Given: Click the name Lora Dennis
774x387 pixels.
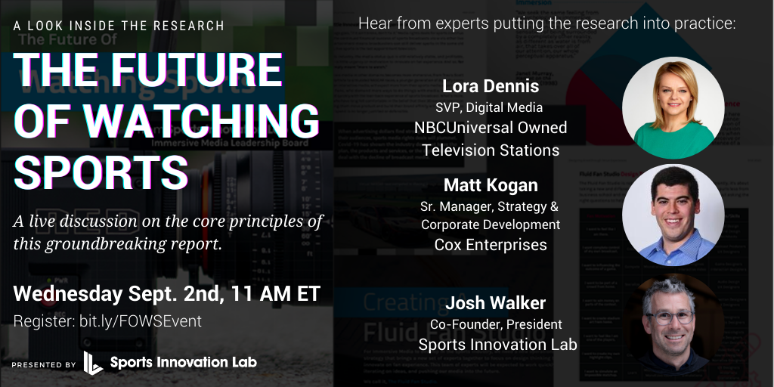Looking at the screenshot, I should click(x=491, y=85).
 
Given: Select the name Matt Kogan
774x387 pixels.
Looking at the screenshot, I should click(x=491, y=184).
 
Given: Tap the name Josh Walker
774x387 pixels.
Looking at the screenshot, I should click(x=495, y=303).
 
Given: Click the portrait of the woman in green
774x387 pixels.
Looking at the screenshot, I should click(x=673, y=108).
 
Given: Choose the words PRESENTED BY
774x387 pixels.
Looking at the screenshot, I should click(x=44, y=364).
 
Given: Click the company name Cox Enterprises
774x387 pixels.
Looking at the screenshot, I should click(x=491, y=244).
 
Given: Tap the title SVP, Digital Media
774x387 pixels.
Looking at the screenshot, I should click(x=491, y=107).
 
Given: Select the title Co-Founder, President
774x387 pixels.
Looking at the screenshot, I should click(x=496, y=324).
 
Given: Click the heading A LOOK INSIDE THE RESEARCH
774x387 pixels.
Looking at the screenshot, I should click(x=119, y=26).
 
